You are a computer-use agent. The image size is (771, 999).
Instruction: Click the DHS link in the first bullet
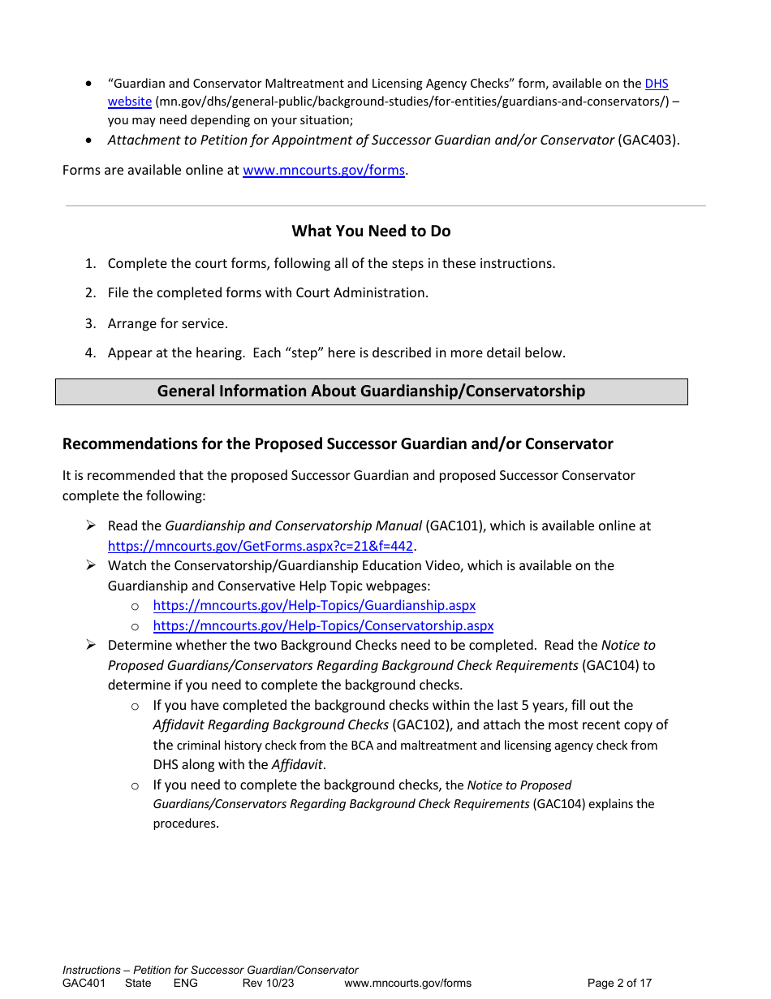(x=656, y=84)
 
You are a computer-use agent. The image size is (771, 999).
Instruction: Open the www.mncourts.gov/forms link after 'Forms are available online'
(x=323, y=171)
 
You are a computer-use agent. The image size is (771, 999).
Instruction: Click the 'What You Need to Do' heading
(x=371, y=231)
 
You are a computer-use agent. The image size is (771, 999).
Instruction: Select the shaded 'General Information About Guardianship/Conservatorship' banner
(x=371, y=391)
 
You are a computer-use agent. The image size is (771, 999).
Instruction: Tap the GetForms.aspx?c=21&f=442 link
(x=261, y=546)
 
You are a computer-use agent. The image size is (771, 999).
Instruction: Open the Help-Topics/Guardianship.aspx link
(x=314, y=605)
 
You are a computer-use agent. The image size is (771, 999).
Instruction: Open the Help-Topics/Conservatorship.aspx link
(x=323, y=625)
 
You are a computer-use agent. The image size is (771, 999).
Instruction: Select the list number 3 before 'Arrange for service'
(x=91, y=323)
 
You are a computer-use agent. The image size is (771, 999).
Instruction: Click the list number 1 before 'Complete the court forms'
(x=91, y=263)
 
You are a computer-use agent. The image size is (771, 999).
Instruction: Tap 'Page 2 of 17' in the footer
(x=619, y=984)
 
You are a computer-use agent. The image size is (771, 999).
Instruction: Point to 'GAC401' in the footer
(x=84, y=984)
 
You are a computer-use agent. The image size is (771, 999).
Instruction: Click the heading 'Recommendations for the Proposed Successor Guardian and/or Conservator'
(x=338, y=444)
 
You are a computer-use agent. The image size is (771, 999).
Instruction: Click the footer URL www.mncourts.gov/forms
(x=407, y=984)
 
